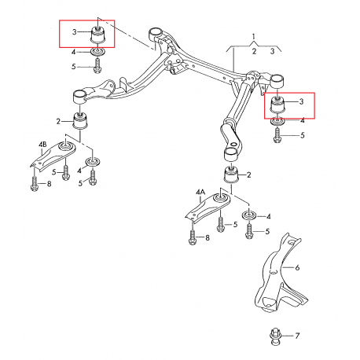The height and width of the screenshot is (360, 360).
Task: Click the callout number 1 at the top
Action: point(254,36)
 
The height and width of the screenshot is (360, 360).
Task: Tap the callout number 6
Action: point(298,268)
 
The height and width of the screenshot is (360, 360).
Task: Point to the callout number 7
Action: point(297,336)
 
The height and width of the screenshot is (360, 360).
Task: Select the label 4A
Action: point(200,191)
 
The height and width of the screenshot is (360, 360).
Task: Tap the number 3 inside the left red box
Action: point(74,32)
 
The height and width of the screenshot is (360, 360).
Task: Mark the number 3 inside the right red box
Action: point(300,101)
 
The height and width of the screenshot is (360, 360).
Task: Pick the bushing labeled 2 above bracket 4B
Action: point(79,122)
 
